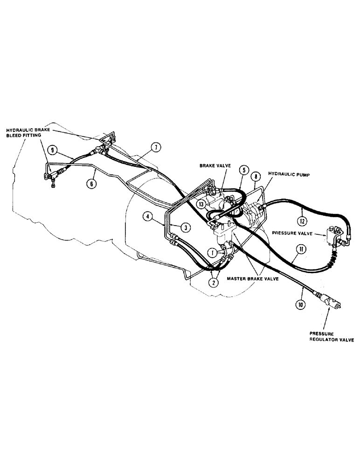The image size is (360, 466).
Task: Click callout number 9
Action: tap(54, 150)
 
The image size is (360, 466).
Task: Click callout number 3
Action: tap(186, 227)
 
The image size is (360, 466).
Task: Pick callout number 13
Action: tap(201, 204)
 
